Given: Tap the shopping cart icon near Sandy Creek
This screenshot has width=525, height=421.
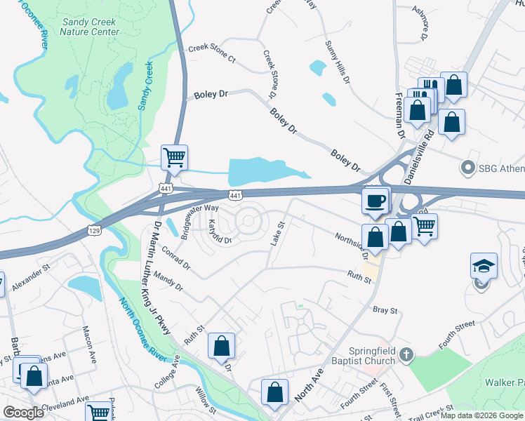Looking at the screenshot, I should pyautogui.click(x=174, y=158).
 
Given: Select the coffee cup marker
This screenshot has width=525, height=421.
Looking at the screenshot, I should pyautogui.click(x=375, y=201).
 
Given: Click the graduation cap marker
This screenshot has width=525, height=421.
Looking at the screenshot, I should pyautogui.click(x=484, y=267).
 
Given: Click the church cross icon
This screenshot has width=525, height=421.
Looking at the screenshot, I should pyautogui.click(x=406, y=356).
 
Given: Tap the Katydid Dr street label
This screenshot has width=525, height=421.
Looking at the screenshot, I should pyautogui.click(x=219, y=232).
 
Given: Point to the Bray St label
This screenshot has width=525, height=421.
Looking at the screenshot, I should pyautogui.click(x=385, y=309).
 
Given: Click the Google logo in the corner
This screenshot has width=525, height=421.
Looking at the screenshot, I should pyautogui.click(x=23, y=413).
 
